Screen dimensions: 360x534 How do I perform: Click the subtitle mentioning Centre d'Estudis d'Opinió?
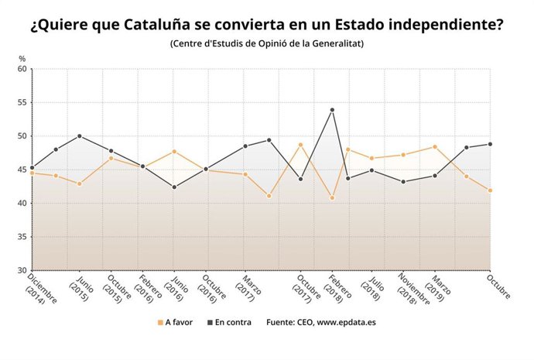point(267,43)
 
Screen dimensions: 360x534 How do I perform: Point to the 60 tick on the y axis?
point(22,69)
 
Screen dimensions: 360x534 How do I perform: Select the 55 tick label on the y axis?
point(22,102)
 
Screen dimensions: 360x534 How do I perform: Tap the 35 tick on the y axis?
point(22,237)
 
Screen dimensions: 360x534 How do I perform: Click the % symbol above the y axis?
point(22,59)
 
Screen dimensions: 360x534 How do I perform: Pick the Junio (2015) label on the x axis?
point(84,288)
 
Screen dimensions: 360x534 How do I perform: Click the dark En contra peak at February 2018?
point(332,110)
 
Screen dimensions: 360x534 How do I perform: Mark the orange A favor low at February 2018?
point(332,198)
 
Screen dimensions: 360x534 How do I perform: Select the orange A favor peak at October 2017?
point(300,145)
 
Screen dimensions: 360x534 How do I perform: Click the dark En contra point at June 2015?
point(80,136)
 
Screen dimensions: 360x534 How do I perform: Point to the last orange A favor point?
point(490,190)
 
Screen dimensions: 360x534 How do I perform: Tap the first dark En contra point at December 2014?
point(32,167)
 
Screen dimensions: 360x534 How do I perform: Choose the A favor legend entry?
point(176,321)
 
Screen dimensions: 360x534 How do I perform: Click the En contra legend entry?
point(229,321)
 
